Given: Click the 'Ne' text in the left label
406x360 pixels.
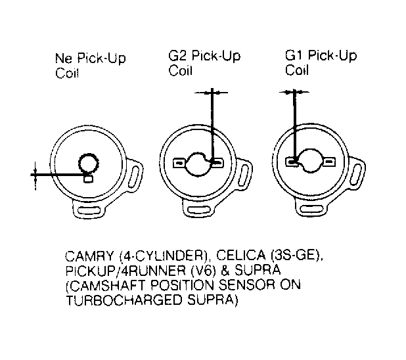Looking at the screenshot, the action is (64, 58).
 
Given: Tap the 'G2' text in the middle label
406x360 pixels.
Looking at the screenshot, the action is (177, 56).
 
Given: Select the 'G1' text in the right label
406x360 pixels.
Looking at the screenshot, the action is (294, 55).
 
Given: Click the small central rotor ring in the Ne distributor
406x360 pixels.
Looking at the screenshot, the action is (89, 163).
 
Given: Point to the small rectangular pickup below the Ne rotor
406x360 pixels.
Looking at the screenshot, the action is (88, 179).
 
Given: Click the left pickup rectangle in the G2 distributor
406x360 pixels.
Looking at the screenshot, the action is (179, 163).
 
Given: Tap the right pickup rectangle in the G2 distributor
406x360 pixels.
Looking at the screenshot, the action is (217, 163).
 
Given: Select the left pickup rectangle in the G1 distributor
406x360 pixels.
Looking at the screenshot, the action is (292, 162).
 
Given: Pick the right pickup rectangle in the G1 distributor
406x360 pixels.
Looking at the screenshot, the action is (329, 162).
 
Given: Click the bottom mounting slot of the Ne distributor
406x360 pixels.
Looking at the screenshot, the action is (88, 210).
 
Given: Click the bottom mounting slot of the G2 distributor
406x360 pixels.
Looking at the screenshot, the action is (198, 210).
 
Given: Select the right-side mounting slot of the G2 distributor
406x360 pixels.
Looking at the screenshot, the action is (245, 175).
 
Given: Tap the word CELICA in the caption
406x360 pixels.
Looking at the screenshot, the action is (241, 256).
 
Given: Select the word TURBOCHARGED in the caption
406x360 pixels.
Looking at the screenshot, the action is (125, 300).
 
